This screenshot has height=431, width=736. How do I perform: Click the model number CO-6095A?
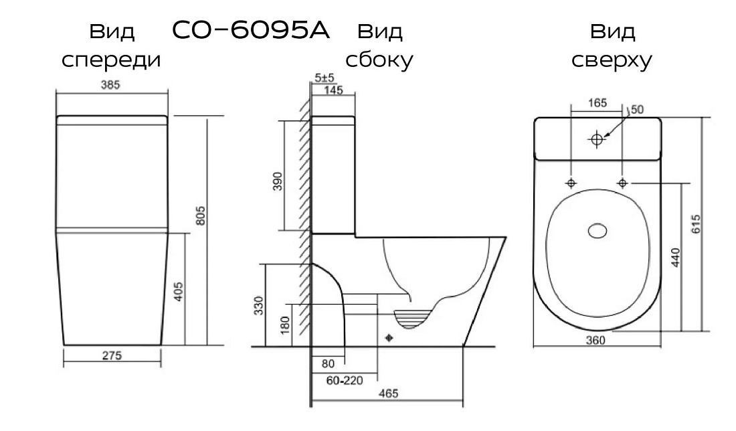(251, 31)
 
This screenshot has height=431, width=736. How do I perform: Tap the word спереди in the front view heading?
(111, 60)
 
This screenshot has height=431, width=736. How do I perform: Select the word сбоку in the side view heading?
(379, 59)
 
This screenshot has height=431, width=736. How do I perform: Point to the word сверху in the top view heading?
(612, 60)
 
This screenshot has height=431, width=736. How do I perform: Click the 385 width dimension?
(110, 85)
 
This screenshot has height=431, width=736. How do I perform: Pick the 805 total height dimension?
(201, 215)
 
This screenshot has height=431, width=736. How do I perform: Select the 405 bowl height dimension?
(179, 292)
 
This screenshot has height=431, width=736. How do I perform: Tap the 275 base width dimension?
(112, 356)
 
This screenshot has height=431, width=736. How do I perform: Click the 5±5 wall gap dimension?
(325, 78)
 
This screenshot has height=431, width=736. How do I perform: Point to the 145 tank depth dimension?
(333, 90)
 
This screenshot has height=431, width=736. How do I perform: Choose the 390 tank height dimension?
(278, 181)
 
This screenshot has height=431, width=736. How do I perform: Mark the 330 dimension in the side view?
(259, 306)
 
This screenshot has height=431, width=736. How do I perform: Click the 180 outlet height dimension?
(285, 325)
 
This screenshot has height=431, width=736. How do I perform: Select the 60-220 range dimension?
(345, 380)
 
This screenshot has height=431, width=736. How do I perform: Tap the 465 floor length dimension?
(388, 394)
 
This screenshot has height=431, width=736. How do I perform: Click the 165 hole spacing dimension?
(597, 103)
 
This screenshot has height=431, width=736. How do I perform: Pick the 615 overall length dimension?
(696, 224)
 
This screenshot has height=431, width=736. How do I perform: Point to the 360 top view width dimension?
(595, 341)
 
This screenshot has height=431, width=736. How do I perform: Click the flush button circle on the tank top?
(597, 139)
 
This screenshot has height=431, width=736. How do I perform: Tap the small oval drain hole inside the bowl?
(597, 230)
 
